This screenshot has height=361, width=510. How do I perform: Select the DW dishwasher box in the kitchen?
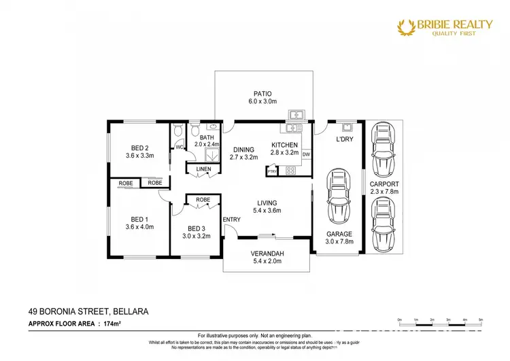(307, 154)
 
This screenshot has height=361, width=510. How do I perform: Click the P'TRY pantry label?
(273, 171)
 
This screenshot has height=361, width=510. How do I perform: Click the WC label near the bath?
(180, 147)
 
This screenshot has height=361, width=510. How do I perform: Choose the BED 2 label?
(140, 148)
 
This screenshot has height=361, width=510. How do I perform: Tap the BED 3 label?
(197, 228)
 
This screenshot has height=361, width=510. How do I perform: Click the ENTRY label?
(231, 219)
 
